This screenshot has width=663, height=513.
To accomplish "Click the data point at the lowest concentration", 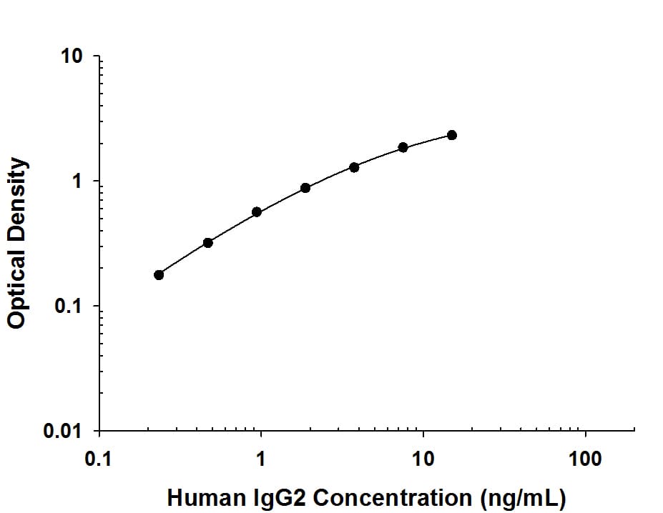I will pos(159,275).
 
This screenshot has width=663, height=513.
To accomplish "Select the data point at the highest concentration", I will pos(452,135).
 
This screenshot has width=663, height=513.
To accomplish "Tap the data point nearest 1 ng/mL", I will pos(257,212).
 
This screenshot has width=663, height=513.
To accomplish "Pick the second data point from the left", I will pos(208,243).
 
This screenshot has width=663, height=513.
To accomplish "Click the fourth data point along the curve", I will pos(305,188).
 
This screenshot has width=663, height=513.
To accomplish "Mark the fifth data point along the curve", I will pos(354,167).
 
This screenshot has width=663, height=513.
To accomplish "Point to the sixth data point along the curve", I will pos(403,147).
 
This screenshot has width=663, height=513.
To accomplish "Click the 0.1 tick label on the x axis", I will pos(99,459).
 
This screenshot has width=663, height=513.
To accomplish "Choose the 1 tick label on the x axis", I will pos(261,459).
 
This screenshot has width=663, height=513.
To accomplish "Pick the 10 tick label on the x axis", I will pos(423,459).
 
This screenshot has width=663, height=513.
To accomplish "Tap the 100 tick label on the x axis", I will pos(586,459).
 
